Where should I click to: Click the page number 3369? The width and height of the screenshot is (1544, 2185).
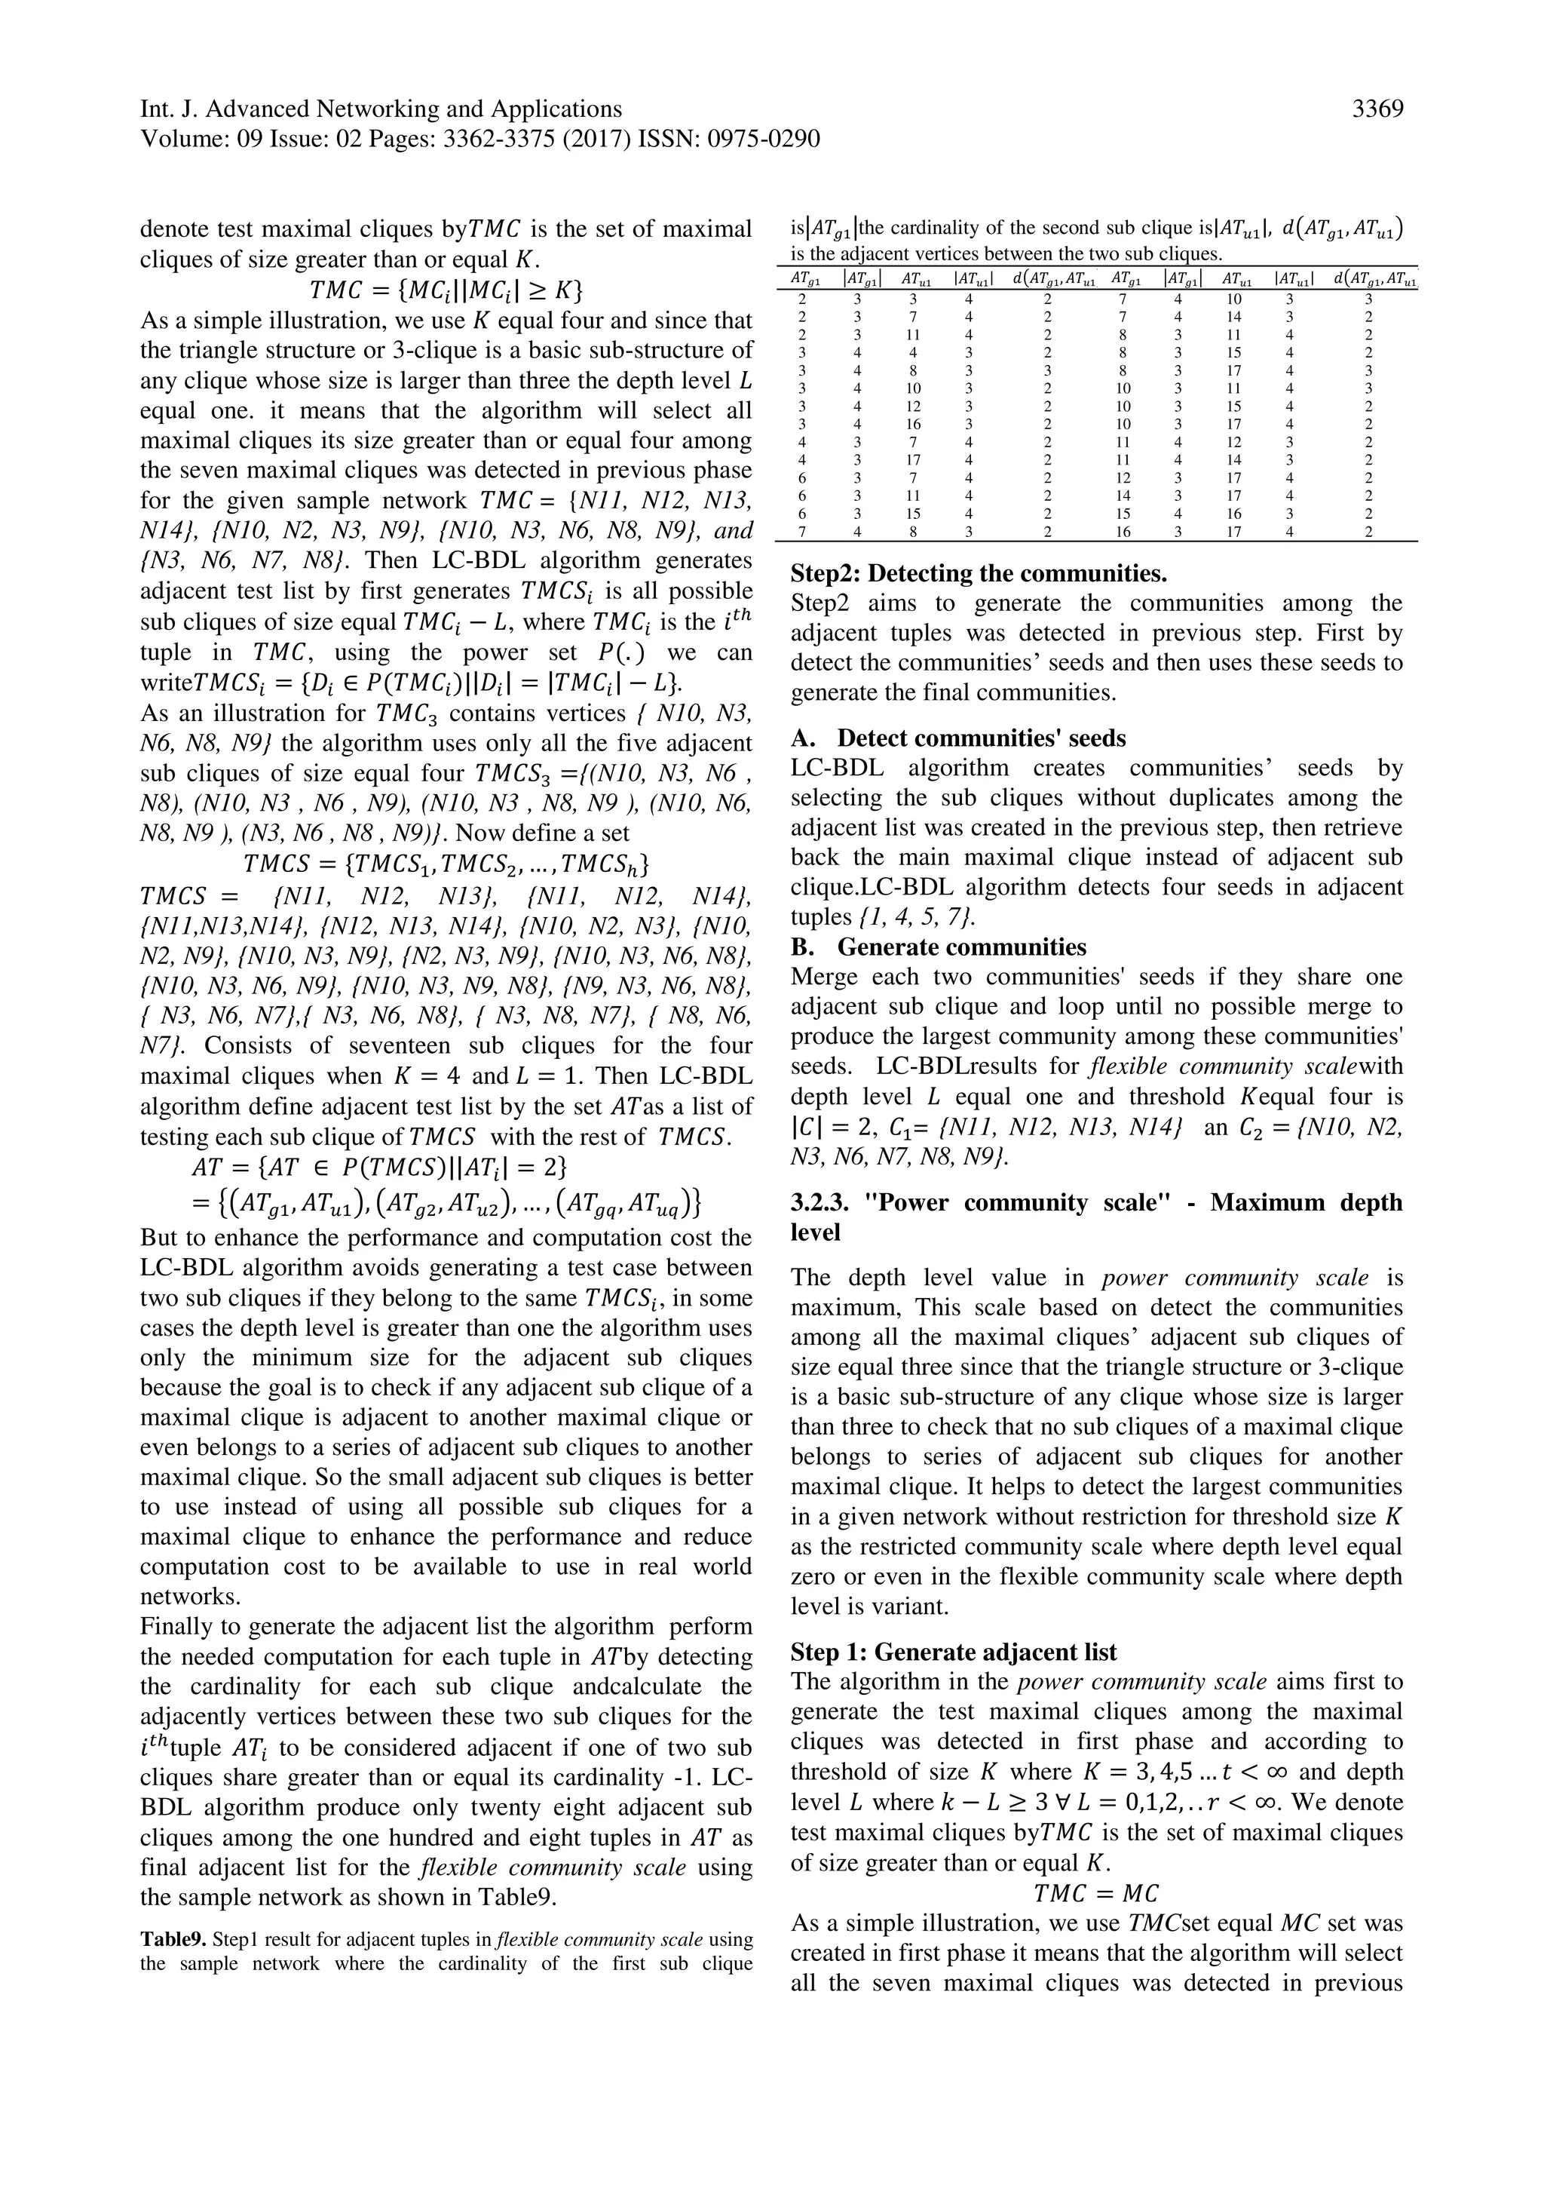tap(1377, 109)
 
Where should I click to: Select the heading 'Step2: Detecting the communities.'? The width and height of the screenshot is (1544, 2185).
tap(979, 574)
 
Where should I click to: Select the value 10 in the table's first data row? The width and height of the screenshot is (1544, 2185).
tap(1234, 299)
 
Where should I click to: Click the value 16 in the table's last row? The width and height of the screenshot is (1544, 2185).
tap(1123, 532)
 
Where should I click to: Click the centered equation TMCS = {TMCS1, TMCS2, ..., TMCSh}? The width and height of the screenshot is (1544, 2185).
tap(446, 864)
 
